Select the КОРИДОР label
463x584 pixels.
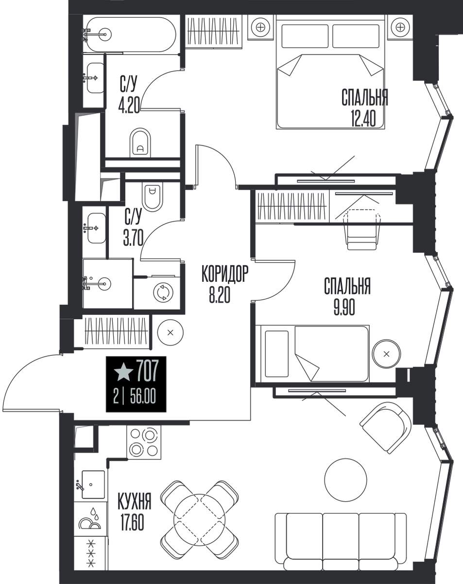tap(225, 274)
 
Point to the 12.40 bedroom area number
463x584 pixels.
tap(363, 119)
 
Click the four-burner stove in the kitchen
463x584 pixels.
tap(143, 442)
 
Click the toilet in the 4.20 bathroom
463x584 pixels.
tap(140, 142)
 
